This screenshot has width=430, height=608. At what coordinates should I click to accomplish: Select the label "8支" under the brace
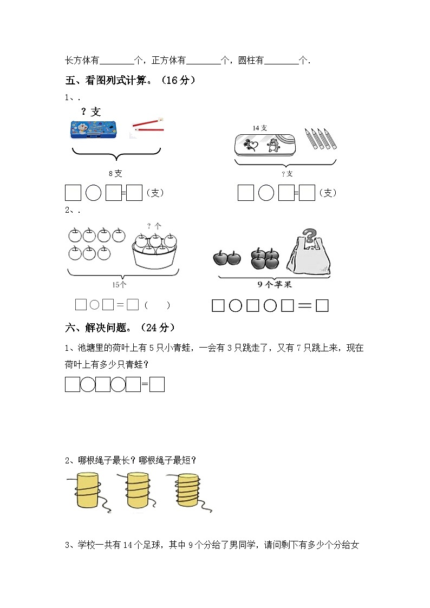(x=115, y=174)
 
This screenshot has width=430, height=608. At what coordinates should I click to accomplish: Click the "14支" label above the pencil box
(x=260, y=128)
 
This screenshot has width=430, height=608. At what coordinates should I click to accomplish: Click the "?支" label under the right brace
(x=287, y=174)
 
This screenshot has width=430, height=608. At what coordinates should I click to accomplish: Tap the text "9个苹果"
(x=274, y=285)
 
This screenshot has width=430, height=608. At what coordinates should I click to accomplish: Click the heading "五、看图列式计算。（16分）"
(x=130, y=81)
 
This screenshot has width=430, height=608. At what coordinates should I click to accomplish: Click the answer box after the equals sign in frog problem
(x=157, y=384)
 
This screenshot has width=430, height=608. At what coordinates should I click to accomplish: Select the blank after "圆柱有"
(x=281, y=61)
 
